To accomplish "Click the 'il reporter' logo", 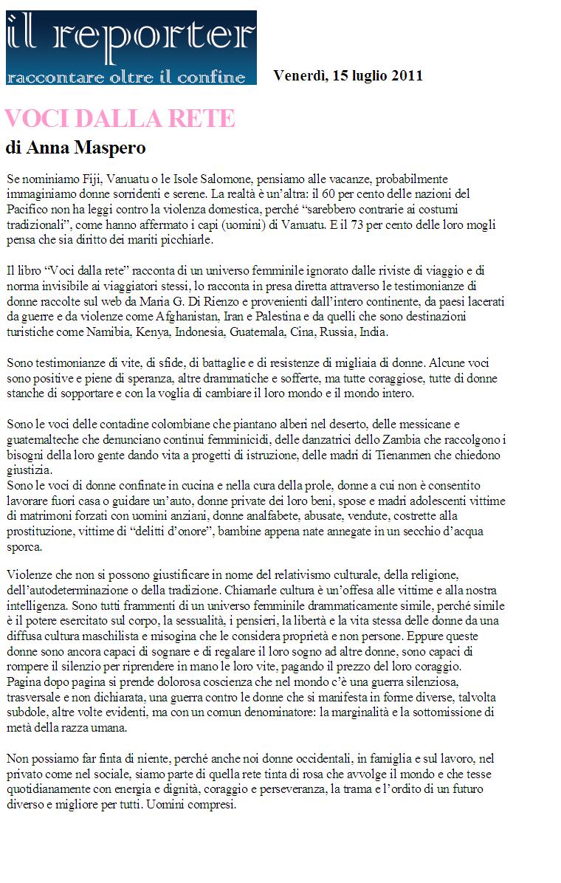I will [x=131, y=47].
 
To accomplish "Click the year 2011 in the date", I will [x=407, y=75].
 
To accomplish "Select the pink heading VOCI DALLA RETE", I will [x=120, y=118].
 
